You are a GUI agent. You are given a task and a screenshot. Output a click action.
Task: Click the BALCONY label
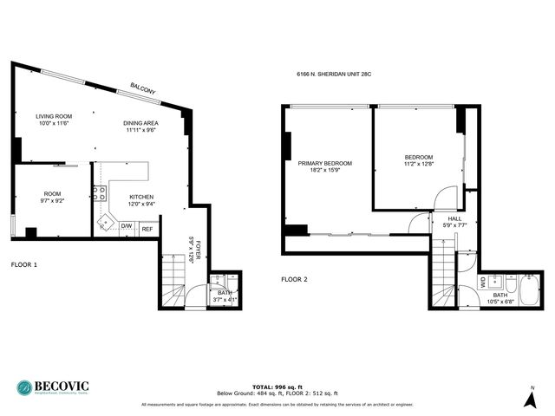pos(142,88)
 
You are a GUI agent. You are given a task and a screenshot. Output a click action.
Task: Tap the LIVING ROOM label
pos(54,116)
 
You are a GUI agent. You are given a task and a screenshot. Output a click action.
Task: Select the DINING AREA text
pos(140,123)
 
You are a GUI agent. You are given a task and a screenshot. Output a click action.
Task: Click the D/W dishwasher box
pos(127,227)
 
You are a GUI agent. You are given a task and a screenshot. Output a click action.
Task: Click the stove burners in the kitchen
pos(100,194)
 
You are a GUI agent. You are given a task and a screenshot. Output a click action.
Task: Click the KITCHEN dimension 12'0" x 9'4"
pos(141,205)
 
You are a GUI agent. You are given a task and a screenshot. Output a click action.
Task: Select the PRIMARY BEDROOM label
pos(325,163)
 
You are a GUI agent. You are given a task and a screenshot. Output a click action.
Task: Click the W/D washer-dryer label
pos(483,282)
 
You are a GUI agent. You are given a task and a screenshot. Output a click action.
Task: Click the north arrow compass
pos(530,398)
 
